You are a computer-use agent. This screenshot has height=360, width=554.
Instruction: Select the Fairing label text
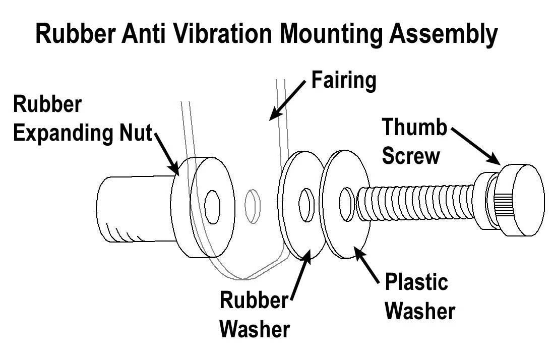pyautogui.click(x=343, y=80)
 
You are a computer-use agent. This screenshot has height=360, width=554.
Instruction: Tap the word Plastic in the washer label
pyautogui.click(x=416, y=282)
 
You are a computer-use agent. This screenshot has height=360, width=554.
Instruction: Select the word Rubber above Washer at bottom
pyautogui.click(x=253, y=301)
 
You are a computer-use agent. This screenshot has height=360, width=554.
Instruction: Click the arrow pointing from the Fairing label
pyautogui.click(x=287, y=100)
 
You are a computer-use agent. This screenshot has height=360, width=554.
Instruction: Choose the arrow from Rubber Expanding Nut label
pyautogui.click(x=166, y=151)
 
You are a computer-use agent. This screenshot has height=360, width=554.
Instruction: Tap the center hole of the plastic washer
pyautogui.click(x=346, y=204)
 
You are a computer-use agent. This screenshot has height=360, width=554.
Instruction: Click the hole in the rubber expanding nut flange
pyautogui.click(x=213, y=207)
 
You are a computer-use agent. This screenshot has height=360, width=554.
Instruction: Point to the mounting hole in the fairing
pyautogui.click(x=253, y=206)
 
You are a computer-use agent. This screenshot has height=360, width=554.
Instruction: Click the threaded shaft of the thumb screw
pyautogui.click(x=413, y=203)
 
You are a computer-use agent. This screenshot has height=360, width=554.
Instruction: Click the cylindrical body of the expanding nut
pyautogui.click(x=132, y=207)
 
